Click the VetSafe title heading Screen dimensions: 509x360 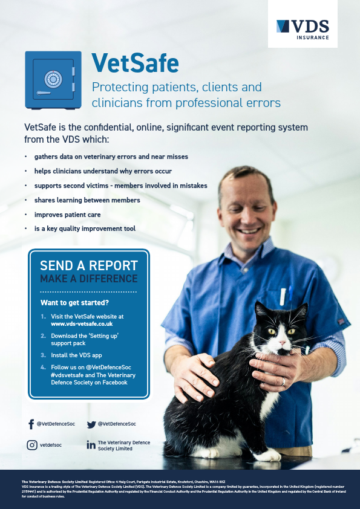135,62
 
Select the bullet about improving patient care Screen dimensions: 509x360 67,215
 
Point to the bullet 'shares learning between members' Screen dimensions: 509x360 87,200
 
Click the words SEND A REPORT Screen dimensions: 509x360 89,266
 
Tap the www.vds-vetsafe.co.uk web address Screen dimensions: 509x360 81,324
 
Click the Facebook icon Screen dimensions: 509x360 31,424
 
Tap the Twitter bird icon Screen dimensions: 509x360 91,424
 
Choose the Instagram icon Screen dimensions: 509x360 32,445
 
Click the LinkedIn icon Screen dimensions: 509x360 91,446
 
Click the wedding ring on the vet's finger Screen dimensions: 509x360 283,381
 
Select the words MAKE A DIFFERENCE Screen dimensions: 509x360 89,279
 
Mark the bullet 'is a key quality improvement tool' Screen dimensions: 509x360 85,229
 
